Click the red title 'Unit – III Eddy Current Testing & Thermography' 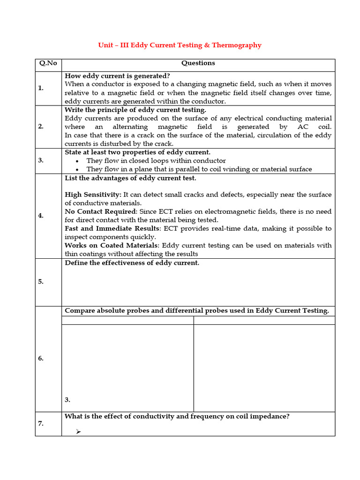180,45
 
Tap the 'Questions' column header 198,63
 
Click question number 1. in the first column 41,88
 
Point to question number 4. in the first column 41,216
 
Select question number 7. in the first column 41,424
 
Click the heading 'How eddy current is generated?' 117,76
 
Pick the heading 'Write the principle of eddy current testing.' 135,110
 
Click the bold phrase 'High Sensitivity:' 93,195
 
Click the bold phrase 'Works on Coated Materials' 111,245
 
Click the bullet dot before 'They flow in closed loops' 77,161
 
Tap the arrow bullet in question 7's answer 78,432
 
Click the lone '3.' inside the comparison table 67,400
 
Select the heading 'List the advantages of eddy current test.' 130,178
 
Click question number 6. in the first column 41,359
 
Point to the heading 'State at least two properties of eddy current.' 137,152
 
